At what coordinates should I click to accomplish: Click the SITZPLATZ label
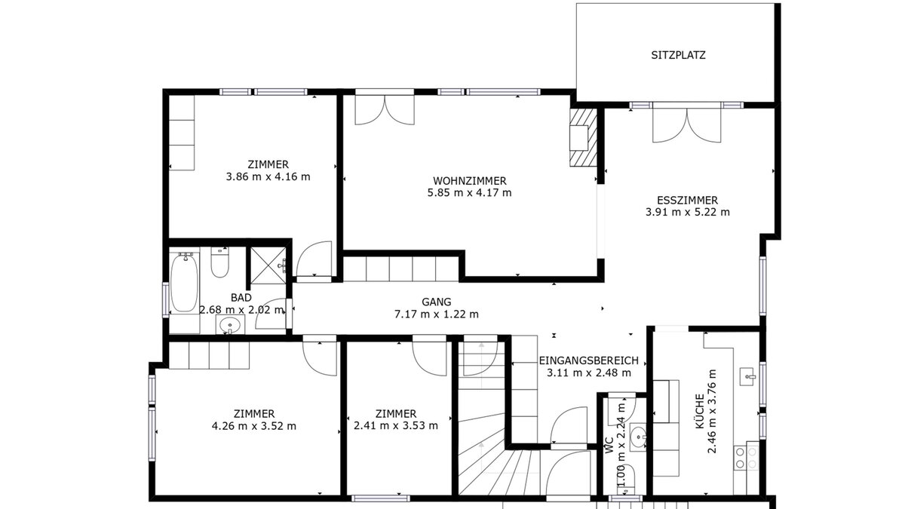[x=678, y=55]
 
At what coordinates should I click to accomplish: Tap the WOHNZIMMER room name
[x=469, y=180]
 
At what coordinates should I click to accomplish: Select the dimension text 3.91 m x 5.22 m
[x=687, y=212]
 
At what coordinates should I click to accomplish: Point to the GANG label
[x=437, y=302]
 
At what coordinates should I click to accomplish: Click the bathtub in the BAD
[x=184, y=282]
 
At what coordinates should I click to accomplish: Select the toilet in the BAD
[x=219, y=262]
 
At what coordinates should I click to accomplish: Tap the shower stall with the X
[x=268, y=265]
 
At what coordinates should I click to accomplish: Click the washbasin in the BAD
[x=230, y=325]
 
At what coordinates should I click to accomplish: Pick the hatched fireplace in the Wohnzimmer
[x=584, y=137]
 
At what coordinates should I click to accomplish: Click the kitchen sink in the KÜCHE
[x=748, y=377]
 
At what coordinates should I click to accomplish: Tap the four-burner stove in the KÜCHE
[x=746, y=458]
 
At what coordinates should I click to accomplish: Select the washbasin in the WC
[x=638, y=437]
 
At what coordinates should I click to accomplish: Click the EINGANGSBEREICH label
[x=589, y=360]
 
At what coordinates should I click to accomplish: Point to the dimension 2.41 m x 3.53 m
[x=396, y=425]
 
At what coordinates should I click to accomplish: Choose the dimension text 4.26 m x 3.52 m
[x=253, y=426]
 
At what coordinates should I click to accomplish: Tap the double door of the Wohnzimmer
[x=385, y=109]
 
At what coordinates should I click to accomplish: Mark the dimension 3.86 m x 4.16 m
[x=268, y=176]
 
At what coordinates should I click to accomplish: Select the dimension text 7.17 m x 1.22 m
[x=437, y=314]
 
